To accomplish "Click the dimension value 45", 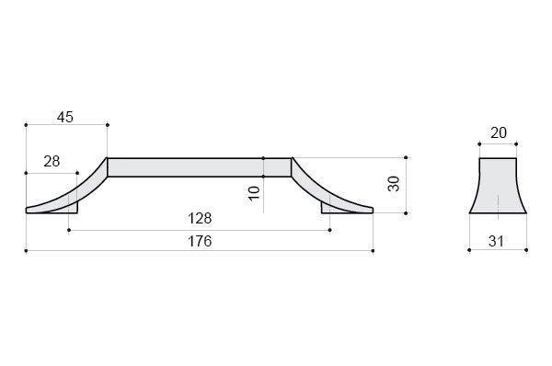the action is coord(65,117).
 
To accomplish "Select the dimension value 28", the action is coord(52,162).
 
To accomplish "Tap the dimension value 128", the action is coord(200,219).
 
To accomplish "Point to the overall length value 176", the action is coord(200,242).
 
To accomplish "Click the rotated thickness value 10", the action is coord(254,193).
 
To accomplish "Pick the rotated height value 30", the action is coord(394,184).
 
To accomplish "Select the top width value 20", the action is coord(499,133).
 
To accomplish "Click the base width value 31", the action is coord(496,242).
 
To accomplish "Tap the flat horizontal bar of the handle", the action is coord(200,167).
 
